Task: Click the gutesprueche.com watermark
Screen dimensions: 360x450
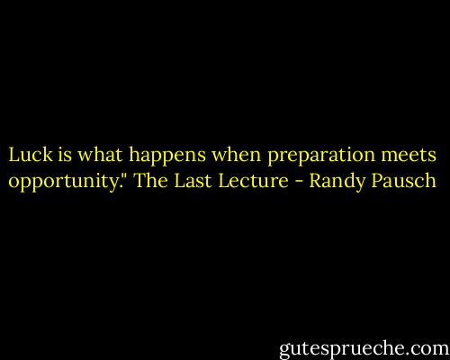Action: point(356,343)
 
